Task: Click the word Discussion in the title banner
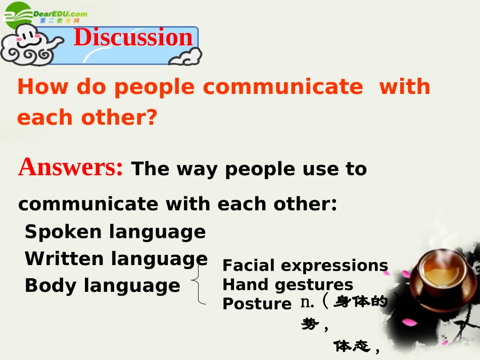[133, 38]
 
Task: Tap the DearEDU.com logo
[45, 15]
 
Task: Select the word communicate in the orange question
[283, 87]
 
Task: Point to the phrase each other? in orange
[87, 118]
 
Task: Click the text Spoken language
[115, 232]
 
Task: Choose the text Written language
[116, 259]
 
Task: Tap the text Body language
[103, 285]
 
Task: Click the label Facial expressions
[305, 266]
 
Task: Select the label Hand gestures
[288, 284]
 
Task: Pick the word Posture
[257, 303]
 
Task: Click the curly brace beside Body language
[200, 285]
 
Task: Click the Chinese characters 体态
[351, 346]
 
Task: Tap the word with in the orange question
[405, 87]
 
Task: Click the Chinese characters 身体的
[360, 302]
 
